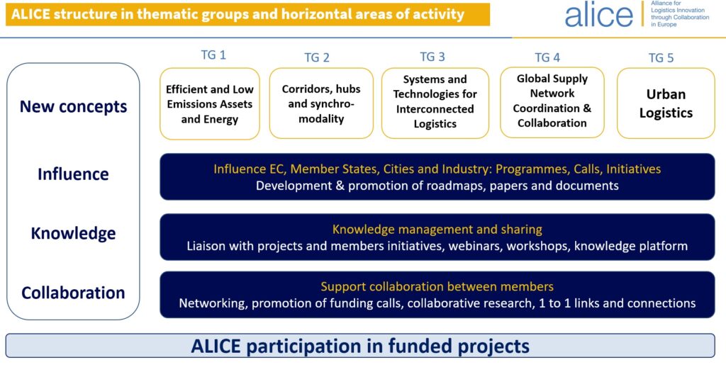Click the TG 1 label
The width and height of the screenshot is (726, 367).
click(213, 55)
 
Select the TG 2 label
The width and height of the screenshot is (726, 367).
click(317, 57)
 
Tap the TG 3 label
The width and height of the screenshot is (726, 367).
click(432, 57)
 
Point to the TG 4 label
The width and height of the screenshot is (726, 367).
click(547, 57)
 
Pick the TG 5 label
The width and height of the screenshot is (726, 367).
click(661, 58)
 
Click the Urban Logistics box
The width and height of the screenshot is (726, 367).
click(666, 103)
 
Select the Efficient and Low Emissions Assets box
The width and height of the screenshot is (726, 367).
click(210, 103)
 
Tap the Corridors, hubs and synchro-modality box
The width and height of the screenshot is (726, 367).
click(321, 103)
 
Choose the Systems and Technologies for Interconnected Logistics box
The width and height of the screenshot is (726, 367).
click(435, 103)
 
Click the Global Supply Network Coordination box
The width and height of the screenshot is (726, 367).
click(552, 102)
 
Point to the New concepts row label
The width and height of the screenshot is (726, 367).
click(73, 106)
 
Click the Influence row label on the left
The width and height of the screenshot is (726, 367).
click(73, 174)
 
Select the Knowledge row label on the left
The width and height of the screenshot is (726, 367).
click(73, 233)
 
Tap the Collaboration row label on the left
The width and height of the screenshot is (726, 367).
click(73, 293)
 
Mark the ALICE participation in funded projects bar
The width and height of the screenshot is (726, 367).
click(360, 346)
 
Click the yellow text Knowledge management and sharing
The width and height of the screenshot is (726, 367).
click(437, 230)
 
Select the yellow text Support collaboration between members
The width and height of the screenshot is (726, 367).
click(437, 287)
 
